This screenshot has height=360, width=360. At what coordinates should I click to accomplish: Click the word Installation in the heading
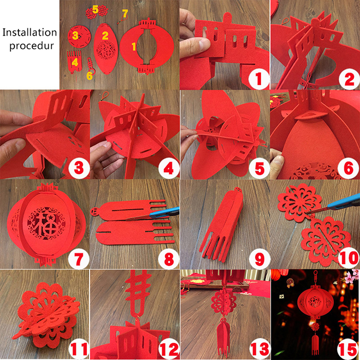tap(30, 32)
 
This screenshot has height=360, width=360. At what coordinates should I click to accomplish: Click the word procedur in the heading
tap(31, 46)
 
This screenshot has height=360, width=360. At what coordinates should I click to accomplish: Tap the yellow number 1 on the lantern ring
tap(134, 46)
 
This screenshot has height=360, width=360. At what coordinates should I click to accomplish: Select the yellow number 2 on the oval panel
tap(105, 36)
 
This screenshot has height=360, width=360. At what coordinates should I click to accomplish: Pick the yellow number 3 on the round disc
tap(75, 36)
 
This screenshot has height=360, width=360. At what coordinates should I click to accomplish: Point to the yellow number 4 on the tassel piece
tap(75, 62)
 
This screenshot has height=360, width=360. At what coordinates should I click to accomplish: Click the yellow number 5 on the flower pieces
tap(95, 10)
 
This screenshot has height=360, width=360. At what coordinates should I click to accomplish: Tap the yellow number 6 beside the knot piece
tap(90, 76)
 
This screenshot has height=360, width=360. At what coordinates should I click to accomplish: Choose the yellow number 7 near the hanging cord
tap(125, 13)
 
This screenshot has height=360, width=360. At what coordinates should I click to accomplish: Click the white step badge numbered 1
tap(259, 79)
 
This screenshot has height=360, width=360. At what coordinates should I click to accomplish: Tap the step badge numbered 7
tap(78, 259)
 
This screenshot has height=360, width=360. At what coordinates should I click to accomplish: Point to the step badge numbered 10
tap(348, 258)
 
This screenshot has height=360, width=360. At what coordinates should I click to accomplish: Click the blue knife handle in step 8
tap(165, 212)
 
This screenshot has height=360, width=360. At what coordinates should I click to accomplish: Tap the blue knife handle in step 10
tap(344, 201)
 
